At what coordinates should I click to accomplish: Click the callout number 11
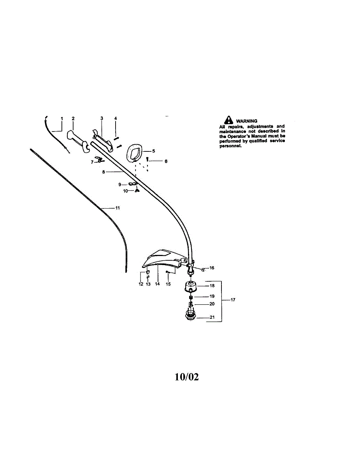coord(117,208)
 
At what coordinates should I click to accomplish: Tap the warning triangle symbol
coord(226,121)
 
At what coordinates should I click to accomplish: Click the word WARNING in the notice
coord(247,121)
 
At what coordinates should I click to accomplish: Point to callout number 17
coord(233,300)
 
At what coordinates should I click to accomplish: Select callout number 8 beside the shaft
coord(104,171)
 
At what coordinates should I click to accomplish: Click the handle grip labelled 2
coord(78,141)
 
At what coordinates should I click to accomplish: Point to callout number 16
coord(212,268)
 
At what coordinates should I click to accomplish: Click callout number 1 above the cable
coord(61,118)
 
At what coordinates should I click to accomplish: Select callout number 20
coord(212,304)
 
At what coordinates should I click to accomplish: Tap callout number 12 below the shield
coord(141,284)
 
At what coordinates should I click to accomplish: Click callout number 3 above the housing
coord(102,118)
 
